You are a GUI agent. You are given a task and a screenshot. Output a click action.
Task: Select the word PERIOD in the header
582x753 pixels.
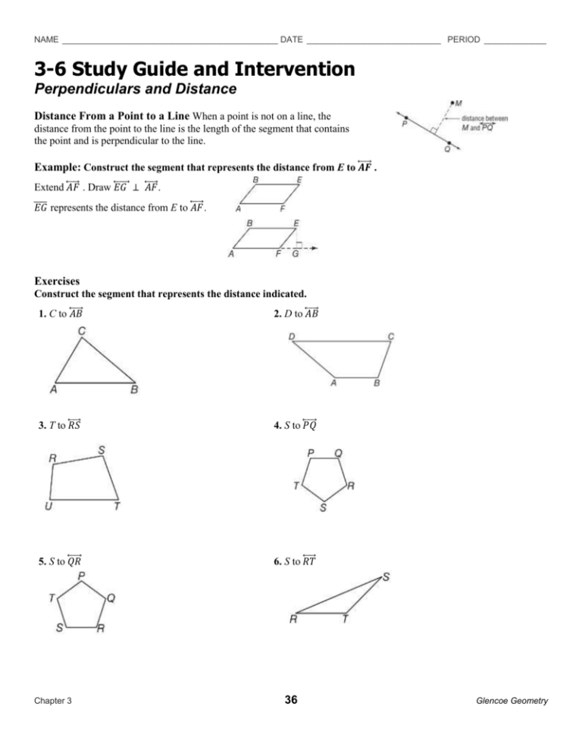pyautogui.click(x=464, y=39)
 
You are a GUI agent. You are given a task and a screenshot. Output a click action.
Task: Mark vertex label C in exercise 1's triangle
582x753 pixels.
pyautogui.click(x=81, y=330)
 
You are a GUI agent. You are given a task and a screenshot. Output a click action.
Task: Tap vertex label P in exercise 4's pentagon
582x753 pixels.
pyautogui.click(x=311, y=452)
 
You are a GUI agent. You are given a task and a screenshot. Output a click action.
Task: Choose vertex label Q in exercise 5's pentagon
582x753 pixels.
pyautogui.click(x=111, y=598)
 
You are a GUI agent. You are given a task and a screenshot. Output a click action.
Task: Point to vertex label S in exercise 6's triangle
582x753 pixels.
pyautogui.click(x=386, y=577)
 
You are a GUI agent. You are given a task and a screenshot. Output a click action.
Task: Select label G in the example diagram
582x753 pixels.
pyautogui.click(x=295, y=254)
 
